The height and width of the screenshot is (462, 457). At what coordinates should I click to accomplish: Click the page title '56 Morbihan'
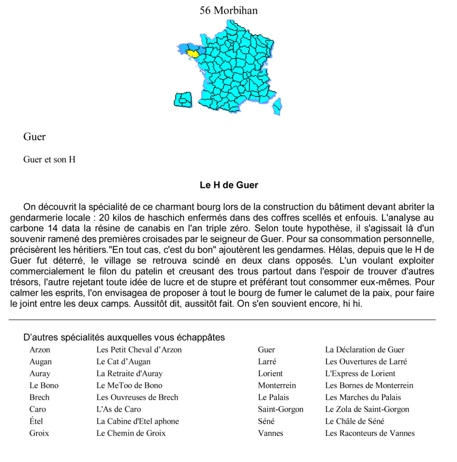tap(229, 10)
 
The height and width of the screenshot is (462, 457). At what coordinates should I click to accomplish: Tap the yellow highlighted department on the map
tap(193, 54)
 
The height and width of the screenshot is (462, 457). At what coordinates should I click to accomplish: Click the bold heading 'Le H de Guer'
tap(229, 185)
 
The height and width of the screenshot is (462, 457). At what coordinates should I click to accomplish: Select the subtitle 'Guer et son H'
tap(49, 160)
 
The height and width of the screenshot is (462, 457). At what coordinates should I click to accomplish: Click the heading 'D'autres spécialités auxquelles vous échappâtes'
tap(124, 337)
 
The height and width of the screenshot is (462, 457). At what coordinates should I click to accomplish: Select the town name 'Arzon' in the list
tap(40, 350)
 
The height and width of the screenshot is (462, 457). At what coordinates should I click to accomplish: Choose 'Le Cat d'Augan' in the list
tap(123, 361)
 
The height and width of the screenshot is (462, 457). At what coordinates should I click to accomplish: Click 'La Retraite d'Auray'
tap(129, 374)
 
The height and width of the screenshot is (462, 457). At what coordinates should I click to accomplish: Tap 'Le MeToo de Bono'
tap(129, 385)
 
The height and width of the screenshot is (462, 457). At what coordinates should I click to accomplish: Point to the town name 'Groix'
tap(39, 433)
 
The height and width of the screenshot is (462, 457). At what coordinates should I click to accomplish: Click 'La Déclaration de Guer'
tap(365, 350)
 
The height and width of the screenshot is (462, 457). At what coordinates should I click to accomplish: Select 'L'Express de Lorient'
tap(360, 374)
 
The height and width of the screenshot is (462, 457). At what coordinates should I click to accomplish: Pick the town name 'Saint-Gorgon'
tap(281, 409)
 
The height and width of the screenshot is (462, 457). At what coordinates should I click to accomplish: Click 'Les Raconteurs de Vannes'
tap(369, 433)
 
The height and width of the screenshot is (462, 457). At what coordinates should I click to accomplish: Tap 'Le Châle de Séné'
tap(355, 421)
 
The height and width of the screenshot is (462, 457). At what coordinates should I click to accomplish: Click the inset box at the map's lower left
tap(183, 99)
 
